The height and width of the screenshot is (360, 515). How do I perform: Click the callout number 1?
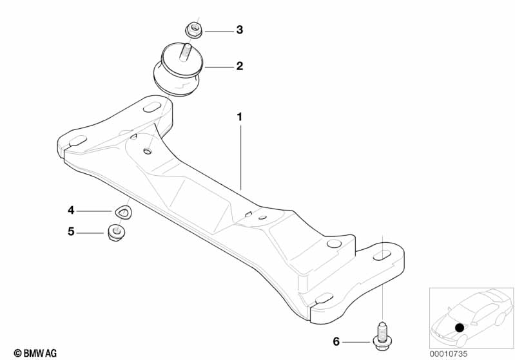click(x=239, y=117)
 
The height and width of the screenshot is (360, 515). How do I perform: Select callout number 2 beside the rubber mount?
click(x=239, y=66)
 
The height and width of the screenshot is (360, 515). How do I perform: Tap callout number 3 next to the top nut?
click(x=239, y=30)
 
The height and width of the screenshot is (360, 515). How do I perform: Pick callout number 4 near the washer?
click(x=71, y=210)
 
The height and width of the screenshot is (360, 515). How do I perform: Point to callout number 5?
click(x=71, y=231)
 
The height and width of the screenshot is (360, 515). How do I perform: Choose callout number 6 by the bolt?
click(x=336, y=341)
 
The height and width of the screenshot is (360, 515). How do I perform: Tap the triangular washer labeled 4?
click(x=122, y=210)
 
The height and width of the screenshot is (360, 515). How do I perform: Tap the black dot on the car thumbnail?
click(x=459, y=328)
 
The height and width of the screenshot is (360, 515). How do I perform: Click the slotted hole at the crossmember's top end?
click(x=153, y=107)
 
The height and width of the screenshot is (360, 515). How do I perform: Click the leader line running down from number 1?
click(x=242, y=155)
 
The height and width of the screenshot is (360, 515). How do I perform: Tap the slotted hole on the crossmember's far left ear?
click(x=75, y=141)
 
